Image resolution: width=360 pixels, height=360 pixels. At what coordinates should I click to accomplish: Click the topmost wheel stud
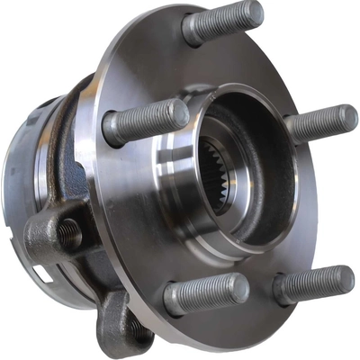[223, 22]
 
